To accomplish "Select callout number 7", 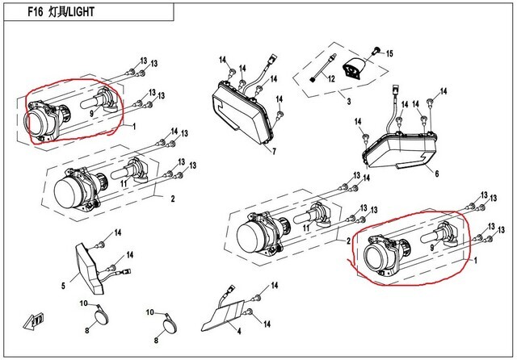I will [x=274, y=152].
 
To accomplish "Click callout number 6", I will [x=436, y=174].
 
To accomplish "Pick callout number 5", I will [x=62, y=285].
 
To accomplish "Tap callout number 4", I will [x=239, y=331].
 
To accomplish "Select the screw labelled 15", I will [x=375, y=52].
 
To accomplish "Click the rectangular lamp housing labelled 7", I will [x=242, y=113].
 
